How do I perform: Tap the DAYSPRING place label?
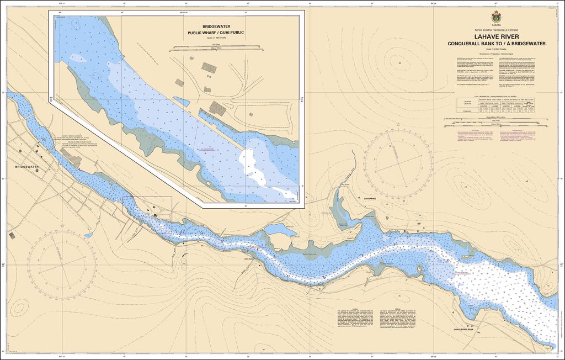click(369, 198)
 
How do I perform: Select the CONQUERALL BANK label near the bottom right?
click(463, 330)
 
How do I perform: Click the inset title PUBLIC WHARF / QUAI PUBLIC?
click(215, 33)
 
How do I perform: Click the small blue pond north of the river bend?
click(280, 230)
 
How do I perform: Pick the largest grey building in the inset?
click(217, 109)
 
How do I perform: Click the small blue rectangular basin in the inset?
click(181, 102)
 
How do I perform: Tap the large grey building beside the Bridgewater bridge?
click(72, 160)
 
